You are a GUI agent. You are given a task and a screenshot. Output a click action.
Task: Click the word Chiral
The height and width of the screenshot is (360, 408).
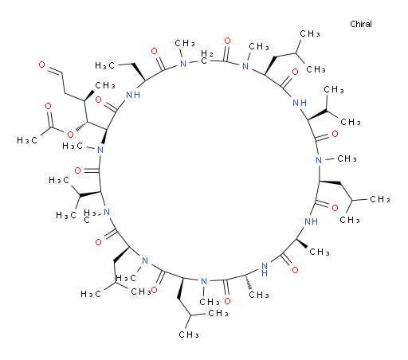[361, 24]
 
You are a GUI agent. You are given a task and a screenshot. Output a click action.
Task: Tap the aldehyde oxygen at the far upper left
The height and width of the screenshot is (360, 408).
[42, 65]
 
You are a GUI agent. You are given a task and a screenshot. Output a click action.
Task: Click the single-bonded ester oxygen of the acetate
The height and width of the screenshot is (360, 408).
[70, 135]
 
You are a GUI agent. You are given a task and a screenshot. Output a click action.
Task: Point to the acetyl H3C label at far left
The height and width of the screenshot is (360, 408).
[27, 140]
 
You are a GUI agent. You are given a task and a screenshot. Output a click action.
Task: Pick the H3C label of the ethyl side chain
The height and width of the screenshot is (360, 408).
[105, 65]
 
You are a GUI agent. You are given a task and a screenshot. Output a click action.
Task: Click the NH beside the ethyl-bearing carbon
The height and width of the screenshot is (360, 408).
[133, 95]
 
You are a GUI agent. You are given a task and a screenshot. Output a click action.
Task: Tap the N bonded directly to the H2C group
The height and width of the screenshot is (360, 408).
[183, 64]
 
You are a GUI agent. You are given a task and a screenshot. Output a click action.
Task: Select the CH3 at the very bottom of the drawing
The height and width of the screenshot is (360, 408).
[189, 335]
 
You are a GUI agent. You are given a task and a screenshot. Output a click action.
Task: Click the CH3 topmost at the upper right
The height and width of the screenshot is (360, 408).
[310, 33]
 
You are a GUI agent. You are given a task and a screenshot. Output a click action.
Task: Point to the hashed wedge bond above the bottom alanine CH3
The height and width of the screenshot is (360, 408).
[249, 282]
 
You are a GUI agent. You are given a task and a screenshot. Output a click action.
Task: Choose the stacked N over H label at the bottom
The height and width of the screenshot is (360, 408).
[265, 269]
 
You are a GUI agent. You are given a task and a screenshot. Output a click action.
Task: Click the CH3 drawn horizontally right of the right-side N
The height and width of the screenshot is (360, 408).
[347, 158]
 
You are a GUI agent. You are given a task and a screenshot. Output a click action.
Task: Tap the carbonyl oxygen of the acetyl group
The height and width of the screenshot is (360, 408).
[48, 106]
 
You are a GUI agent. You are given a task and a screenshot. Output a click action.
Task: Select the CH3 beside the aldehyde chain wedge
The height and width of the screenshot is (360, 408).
[105, 85]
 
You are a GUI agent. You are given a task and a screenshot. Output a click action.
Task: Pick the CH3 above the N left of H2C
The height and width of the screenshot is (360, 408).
[185, 43]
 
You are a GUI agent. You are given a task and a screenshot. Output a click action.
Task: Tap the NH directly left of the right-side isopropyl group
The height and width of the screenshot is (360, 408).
[300, 103]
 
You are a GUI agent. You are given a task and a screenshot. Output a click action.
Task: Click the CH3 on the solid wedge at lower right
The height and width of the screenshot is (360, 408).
[320, 252]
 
